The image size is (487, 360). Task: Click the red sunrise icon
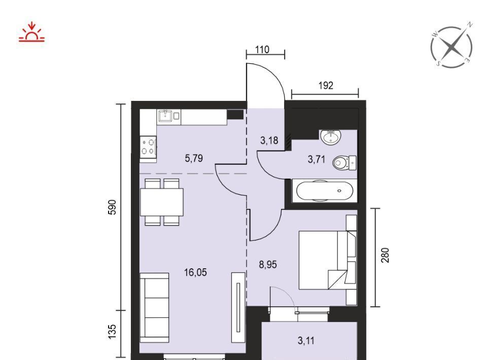(x=31, y=32)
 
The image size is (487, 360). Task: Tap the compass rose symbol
(x=451, y=47)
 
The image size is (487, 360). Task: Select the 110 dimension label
(x=262, y=50)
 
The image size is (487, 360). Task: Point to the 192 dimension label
(x=326, y=85)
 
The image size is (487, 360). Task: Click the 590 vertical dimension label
(x=112, y=207)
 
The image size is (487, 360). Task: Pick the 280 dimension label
(x=385, y=255)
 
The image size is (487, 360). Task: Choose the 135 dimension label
(x=112, y=332)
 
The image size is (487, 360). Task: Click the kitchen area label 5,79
(x=194, y=159)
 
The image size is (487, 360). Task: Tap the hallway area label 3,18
(x=269, y=140)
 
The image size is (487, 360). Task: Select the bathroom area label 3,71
(x=317, y=160)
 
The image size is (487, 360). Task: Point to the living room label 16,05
(x=195, y=272)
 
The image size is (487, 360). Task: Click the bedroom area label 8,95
(x=268, y=265)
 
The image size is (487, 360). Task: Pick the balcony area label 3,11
(x=306, y=341)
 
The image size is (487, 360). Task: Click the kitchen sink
(x=165, y=116)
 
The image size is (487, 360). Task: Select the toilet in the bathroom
(x=344, y=163)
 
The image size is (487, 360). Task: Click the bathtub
(x=325, y=191)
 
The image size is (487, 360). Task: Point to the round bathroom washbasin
(x=331, y=137)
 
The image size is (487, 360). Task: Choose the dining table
(x=162, y=202)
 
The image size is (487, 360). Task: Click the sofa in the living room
(x=154, y=308)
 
